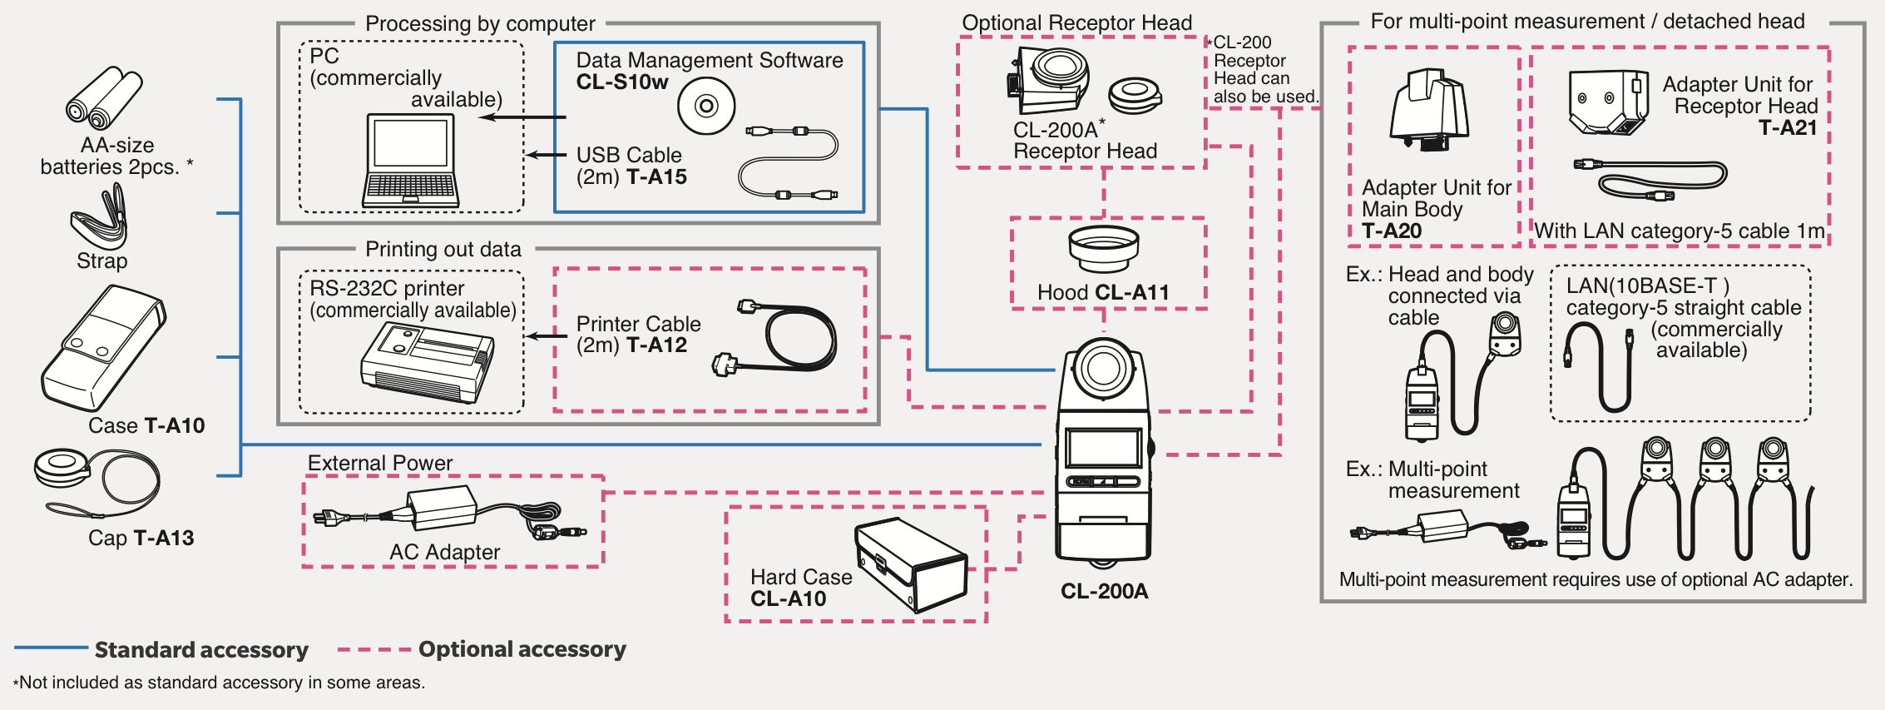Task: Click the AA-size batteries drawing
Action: click(104, 98)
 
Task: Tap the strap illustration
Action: click(100, 217)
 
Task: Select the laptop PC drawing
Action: click(411, 161)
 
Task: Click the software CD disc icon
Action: click(706, 106)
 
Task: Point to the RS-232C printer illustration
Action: click(427, 361)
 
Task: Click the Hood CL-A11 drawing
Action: click(1104, 248)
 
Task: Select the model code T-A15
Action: click(657, 177)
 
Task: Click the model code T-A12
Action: click(657, 345)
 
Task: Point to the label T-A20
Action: click(1392, 231)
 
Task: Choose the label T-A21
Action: click(1788, 128)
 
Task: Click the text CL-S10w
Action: click(622, 82)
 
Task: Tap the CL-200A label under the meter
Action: click(1104, 591)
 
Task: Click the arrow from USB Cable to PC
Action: click(546, 155)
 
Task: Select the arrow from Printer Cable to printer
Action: click(547, 336)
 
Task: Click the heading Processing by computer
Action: click(480, 24)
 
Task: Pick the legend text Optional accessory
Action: click(522, 649)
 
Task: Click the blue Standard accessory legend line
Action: click(51, 648)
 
